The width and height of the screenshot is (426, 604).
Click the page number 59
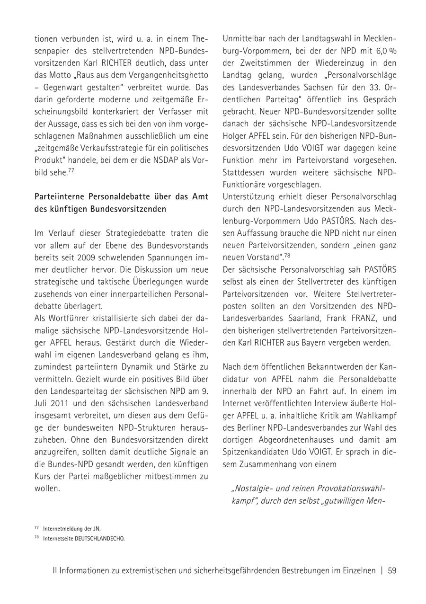(x=392, y=570)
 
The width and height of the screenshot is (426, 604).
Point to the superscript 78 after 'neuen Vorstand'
(x=287, y=256)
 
